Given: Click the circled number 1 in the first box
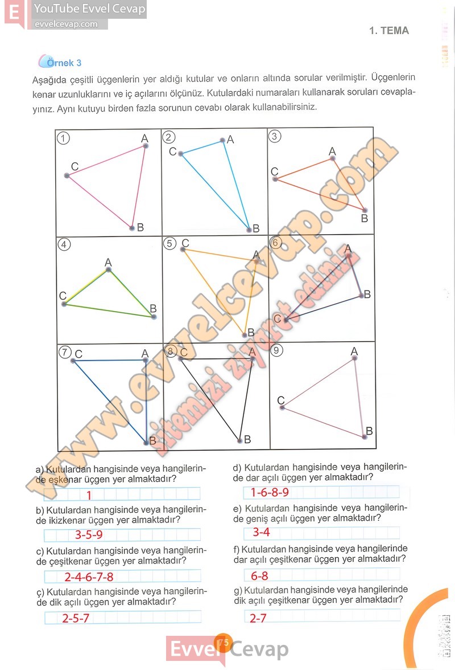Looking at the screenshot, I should [64, 138].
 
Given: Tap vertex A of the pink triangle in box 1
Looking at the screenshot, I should [146, 146].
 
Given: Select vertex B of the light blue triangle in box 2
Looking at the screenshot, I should [249, 230].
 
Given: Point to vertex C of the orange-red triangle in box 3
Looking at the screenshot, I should [275, 179].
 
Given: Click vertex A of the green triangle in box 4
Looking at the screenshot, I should [108, 269].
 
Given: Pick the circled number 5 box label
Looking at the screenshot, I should [169, 243].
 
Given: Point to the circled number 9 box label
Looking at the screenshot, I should [277, 350].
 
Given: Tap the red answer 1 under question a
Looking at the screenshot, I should [89, 495].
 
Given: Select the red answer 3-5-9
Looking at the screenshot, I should [89, 535].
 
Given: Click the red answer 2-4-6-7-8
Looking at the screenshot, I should [89, 577].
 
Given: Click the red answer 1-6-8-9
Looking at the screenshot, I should [266, 492].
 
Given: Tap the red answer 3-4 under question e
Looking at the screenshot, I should [261, 533].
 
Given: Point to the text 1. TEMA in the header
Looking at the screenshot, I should [389, 31].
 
